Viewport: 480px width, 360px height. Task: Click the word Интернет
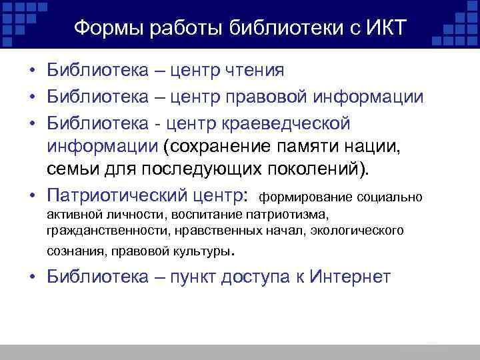click(x=350, y=277)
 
